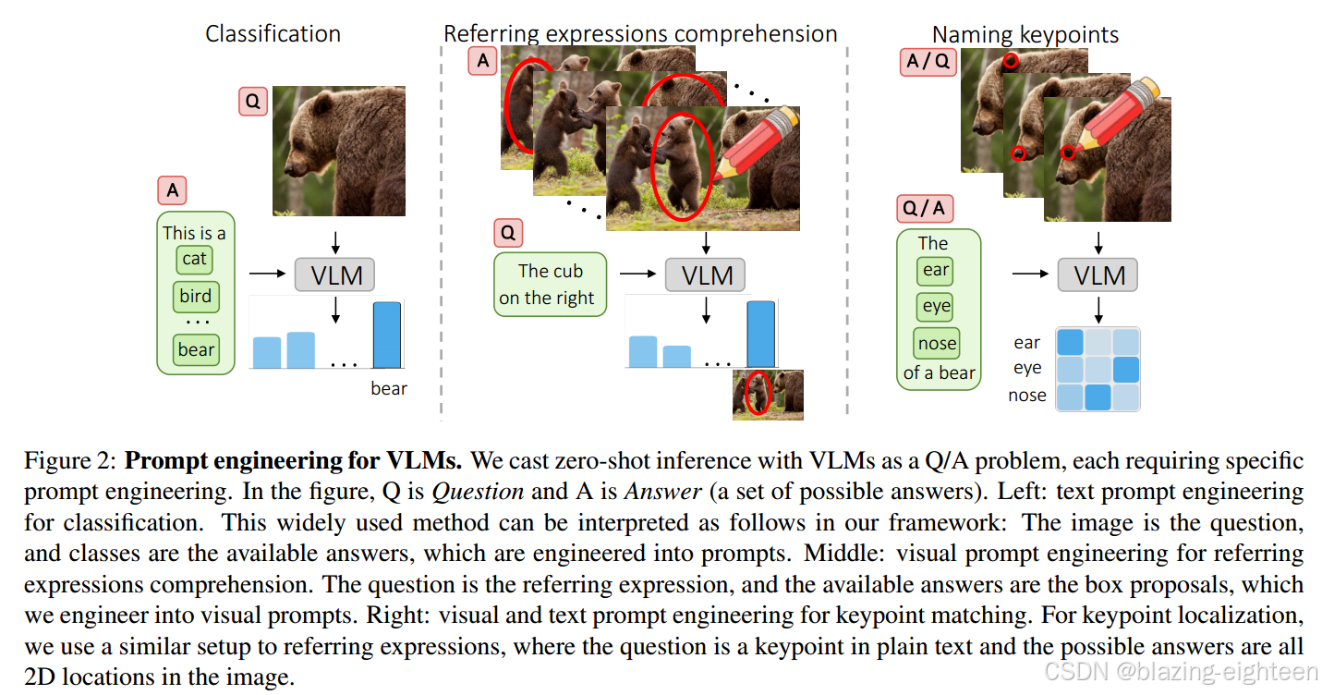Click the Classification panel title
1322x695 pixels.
click(273, 34)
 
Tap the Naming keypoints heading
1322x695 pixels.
click(1025, 35)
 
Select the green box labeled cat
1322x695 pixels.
click(194, 259)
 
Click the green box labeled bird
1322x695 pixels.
click(196, 297)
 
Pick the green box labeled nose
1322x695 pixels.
click(937, 344)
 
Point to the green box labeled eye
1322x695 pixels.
click(936, 307)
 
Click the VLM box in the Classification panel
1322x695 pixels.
click(335, 274)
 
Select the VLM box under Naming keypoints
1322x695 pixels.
click(1098, 274)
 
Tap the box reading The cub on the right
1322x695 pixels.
click(551, 284)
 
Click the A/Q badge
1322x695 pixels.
click(927, 62)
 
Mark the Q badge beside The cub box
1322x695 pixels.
click(509, 230)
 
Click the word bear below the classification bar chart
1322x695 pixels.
click(389, 388)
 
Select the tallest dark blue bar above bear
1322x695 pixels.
click(387, 335)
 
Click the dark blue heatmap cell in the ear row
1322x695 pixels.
click(1070, 343)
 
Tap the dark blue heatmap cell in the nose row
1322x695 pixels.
click(1098, 397)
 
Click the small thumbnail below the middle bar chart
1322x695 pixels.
click(768, 395)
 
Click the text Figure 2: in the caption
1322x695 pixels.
click(69, 459)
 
